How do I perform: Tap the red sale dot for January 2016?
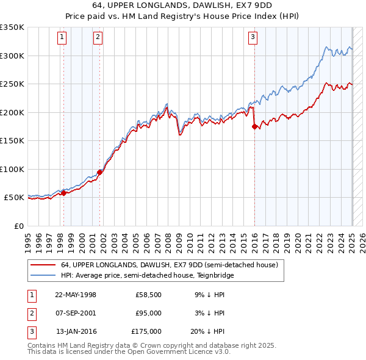click(x=254, y=127)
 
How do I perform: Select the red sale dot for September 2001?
click(x=99, y=172)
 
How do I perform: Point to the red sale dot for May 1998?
click(x=63, y=193)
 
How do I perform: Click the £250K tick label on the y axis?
click(x=12, y=84)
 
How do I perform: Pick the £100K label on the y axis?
click(x=12, y=169)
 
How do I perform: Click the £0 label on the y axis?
click(x=18, y=226)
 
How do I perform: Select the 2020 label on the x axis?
click(x=298, y=240)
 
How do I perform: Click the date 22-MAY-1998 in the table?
click(x=76, y=295)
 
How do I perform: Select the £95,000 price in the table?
click(x=148, y=313)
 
